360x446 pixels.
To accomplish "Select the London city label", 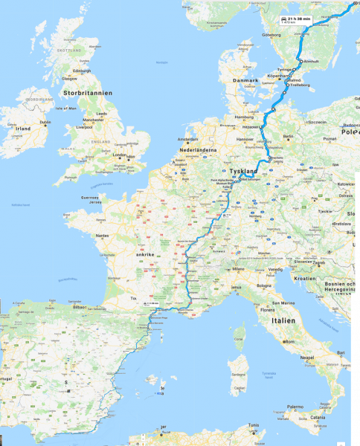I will coord(118,155).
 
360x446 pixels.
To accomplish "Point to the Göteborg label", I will coord(271,34).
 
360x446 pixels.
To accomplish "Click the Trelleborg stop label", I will coord(298,85).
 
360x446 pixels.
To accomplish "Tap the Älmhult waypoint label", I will coord(310,61).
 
